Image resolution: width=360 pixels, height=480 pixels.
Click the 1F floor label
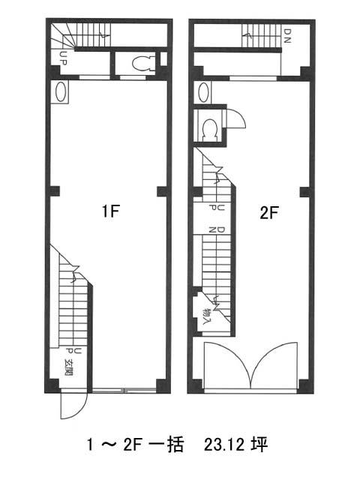[x=110, y=211]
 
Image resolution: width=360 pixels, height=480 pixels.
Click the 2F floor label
[x=269, y=213]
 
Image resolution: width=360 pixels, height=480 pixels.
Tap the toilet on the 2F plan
[x=210, y=128]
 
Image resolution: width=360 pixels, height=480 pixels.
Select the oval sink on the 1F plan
[x=60, y=91]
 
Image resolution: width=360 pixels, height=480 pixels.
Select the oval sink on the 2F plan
[x=202, y=92]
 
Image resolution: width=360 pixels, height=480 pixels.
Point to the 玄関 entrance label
[x=68, y=367]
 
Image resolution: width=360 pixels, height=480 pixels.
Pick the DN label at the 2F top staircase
[x=286, y=36]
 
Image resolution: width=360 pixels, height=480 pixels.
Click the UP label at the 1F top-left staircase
[x=63, y=58]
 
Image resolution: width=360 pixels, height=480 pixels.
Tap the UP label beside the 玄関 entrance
[x=73, y=352]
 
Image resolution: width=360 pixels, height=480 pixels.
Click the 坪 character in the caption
[x=259, y=444]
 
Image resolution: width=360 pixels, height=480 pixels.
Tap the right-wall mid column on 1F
[x=162, y=191]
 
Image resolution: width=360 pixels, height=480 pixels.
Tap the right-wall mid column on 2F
[x=305, y=192]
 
